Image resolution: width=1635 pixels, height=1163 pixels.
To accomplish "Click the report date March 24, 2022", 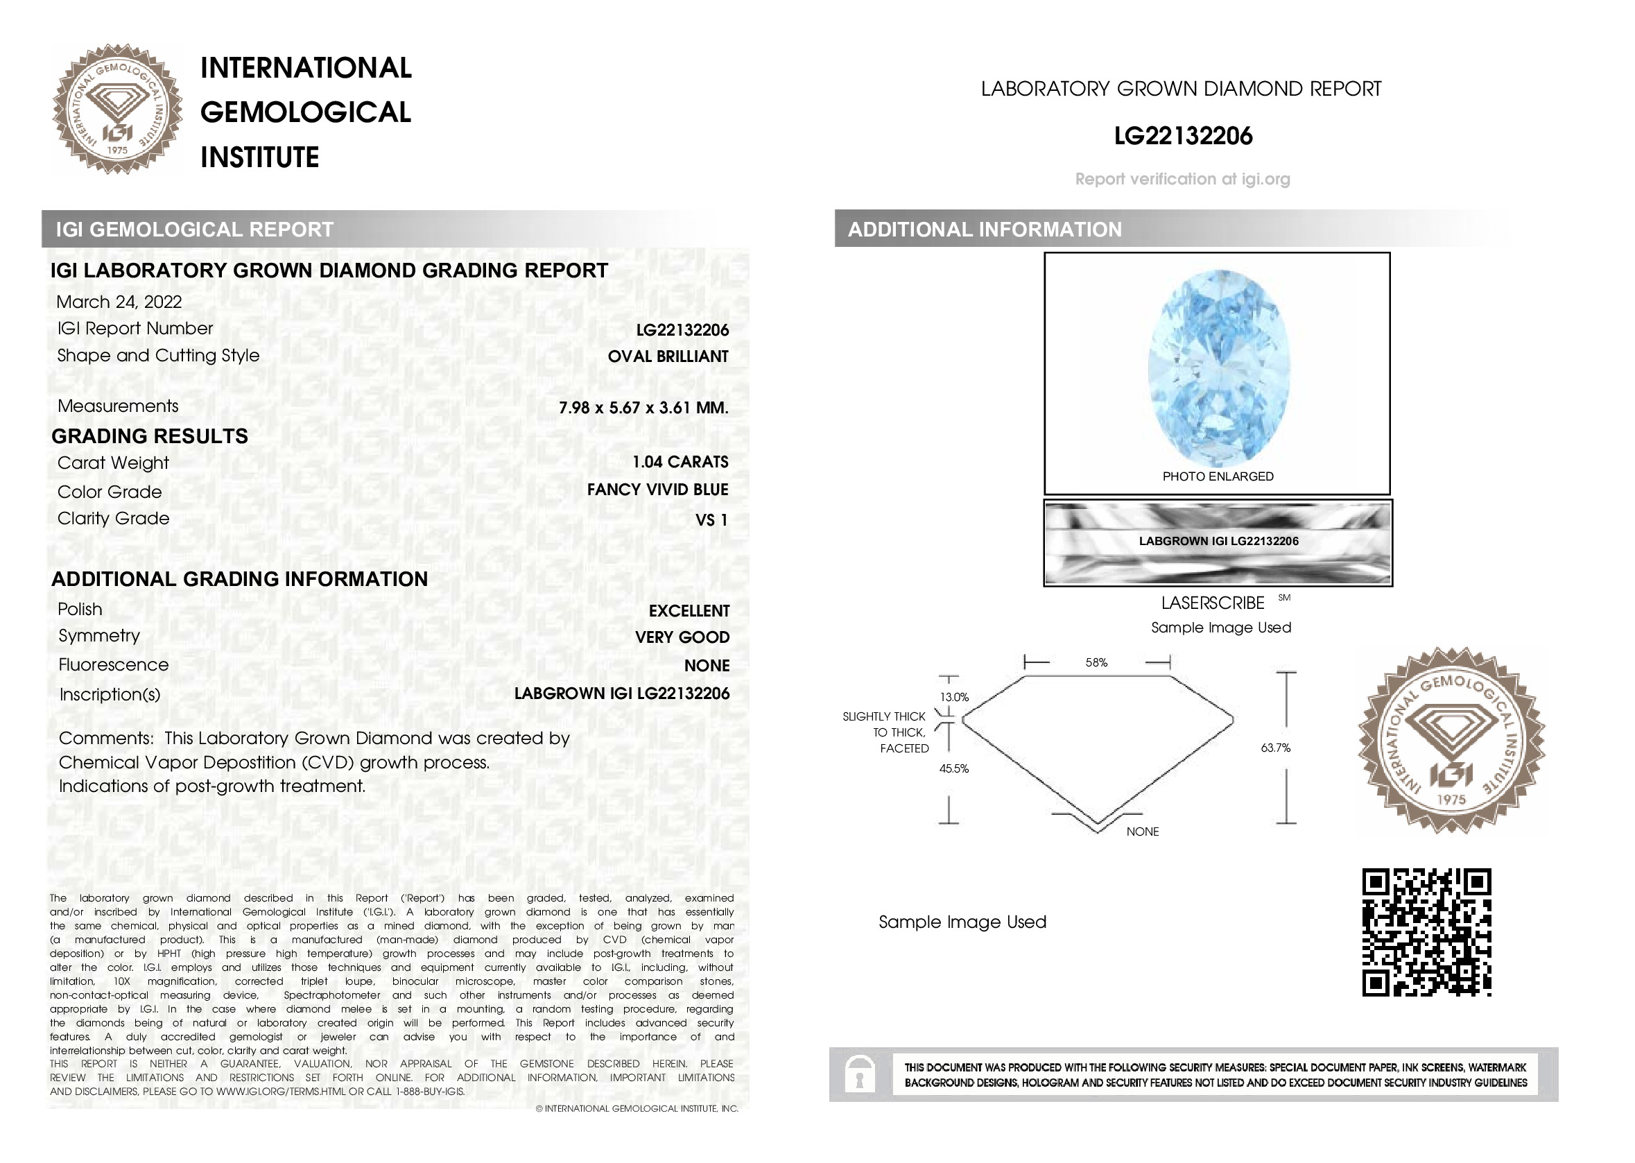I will tap(119, 302).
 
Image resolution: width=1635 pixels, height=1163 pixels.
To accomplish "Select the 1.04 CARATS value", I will tap(680, 462).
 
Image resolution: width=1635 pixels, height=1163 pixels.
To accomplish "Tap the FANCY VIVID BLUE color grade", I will tap(657, 490).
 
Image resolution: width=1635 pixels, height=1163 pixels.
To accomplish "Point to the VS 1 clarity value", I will tap(711, 521).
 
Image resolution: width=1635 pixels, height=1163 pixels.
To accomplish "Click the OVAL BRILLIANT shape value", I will tap(667, 356).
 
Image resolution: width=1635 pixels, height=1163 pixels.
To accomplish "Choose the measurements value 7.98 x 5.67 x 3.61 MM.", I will tap(643, 408).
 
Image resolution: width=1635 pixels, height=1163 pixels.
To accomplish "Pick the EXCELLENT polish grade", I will tap(689, 611).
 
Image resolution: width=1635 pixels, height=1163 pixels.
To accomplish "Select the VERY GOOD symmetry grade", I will tap(682, 637).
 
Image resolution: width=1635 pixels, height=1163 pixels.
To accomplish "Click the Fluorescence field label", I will tap(114, 665).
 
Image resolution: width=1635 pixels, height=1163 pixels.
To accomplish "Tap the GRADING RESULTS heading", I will tap(150, 436).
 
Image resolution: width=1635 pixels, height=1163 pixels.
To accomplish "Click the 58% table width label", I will tap(1096, 663).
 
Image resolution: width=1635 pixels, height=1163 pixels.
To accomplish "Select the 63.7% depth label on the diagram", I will tap(1275, 748).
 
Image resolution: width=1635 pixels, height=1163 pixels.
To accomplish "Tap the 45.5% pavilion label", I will tap(953, 769).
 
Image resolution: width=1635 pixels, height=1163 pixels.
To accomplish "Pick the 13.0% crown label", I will tap(953, 698).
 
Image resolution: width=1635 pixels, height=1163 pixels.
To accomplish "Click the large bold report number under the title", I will tap(1183, 136).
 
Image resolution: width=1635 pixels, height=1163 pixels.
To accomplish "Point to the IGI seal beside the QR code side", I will tap(1451, 741).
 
